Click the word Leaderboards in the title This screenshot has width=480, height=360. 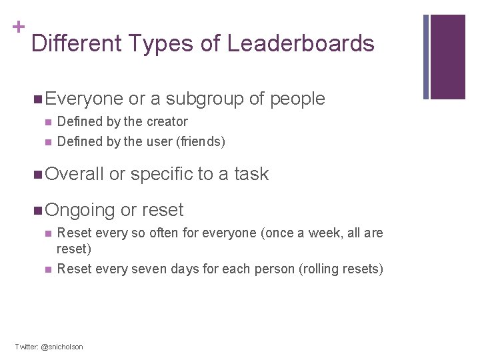pos(301,44)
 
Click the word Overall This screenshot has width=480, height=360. pos(75,174)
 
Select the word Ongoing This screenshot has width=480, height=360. pos(81,210)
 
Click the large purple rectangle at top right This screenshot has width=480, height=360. pos(448,57)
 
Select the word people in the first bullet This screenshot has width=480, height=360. pos(297,99)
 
